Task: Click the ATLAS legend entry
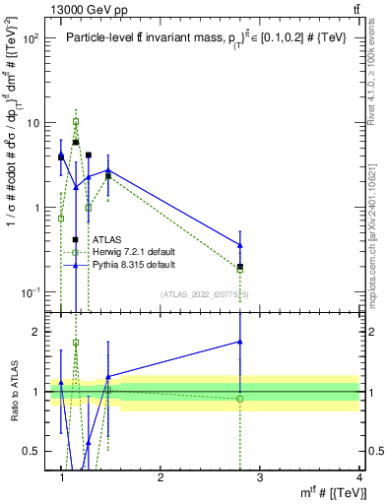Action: click(x=106, y=239)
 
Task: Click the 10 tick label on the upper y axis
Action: click(x=32, y=123)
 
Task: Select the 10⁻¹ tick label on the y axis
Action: click(x=30, y=292)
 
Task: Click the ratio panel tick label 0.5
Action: click(x=30, y=451)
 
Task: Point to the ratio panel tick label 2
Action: click(x=34, y=332)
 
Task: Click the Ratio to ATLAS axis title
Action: click(x=13, y=392)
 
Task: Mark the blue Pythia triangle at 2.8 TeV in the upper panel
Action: click(x=240, y=245)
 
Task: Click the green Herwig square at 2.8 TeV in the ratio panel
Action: click(x=240, y=399)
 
